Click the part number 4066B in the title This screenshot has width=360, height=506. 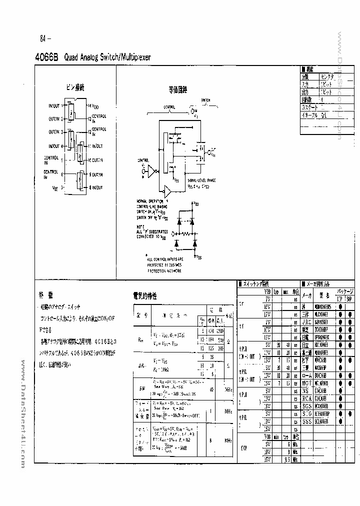pyautogui.click(x=47, y=57)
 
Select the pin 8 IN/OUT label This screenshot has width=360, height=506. pyautogui.click(x=95, y=187)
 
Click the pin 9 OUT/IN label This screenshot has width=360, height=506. pyautogui.click(x=95, y=174)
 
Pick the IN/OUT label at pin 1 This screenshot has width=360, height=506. pyautogui.click(x=53, y=106)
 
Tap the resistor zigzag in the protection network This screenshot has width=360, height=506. pyautogui.click(x=186, y=233)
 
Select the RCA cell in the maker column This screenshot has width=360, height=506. pyautogui.click(x=307, y=398)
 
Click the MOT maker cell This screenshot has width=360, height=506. pyautogui.click(x=307, y=382)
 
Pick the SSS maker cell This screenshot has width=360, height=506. pyautogui.click(x=307, y=421)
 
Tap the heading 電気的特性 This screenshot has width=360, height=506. pyautogui.click(x=145, y=296)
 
